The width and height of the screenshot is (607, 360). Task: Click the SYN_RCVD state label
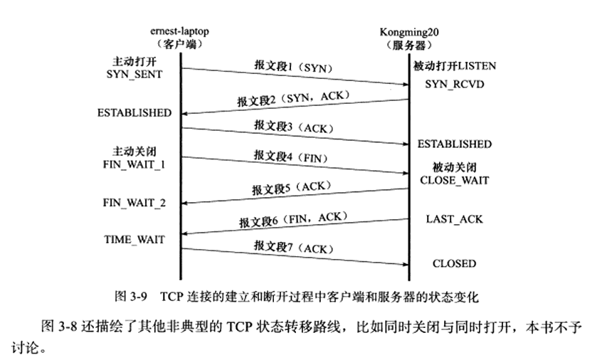pos(450,84)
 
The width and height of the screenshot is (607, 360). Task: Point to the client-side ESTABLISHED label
pos(134,112)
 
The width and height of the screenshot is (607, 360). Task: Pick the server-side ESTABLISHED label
pos(454,144)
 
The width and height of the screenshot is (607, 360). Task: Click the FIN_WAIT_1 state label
pos(134,163)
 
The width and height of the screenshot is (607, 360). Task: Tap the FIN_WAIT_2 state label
pos(134,203)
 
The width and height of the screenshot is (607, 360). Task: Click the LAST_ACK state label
pos(455,219)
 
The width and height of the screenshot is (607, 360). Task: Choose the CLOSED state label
pos(454,264)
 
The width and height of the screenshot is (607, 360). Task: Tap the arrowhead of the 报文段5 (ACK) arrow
pos(184,203)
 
